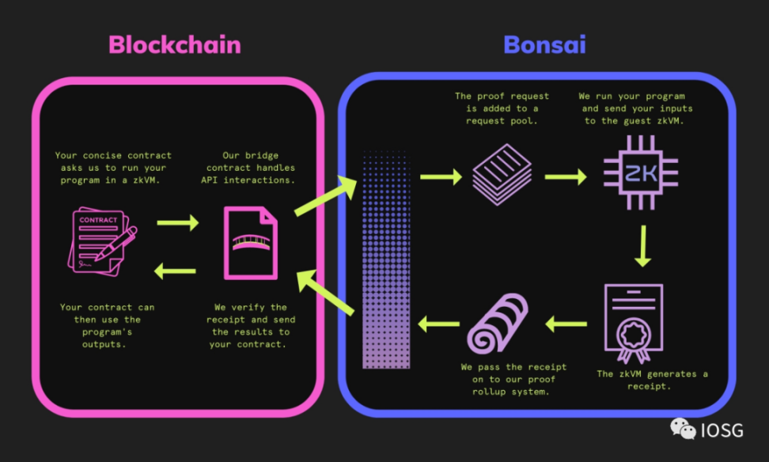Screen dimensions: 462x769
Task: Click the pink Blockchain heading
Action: pyautogui.click(x=174, y=44)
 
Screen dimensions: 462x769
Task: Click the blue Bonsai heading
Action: pyautogui.click(x=544, y=44)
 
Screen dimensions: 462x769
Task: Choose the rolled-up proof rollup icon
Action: pyautogui.click(x=500, y=323)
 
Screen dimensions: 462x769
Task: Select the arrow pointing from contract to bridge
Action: pyautogui.click(x=177, y=224)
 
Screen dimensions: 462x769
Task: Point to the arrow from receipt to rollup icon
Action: pyautogui.click(x=566, y=323)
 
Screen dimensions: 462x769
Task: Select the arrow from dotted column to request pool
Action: pyautogui.click(x=440, y=177)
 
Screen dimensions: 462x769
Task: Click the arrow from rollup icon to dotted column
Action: pyautogui.click(x=438, y=323)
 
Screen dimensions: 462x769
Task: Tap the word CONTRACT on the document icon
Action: pyautogui.click(x=98, y=220)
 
